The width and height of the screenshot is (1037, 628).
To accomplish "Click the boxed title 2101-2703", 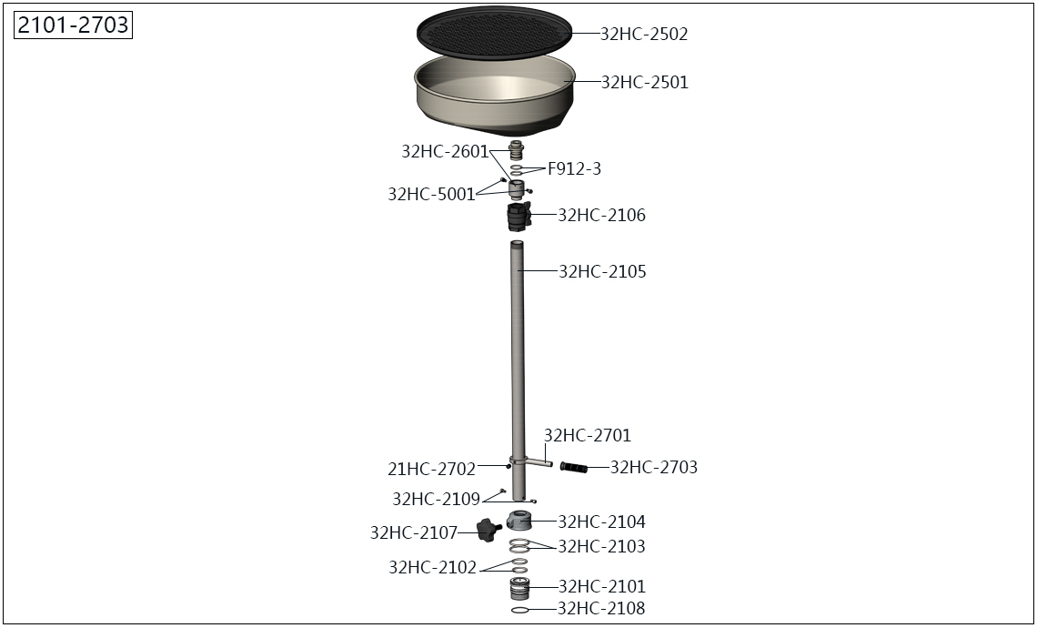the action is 74,25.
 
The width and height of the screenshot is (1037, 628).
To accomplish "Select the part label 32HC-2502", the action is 643,34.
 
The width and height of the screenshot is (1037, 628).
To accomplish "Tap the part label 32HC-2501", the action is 644,82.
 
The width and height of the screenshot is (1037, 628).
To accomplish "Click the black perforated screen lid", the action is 494,32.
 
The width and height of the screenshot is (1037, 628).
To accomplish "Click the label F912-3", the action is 574,168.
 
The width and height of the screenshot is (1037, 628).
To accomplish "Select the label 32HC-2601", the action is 445,152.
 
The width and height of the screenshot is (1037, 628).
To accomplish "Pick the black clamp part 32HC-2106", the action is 519,217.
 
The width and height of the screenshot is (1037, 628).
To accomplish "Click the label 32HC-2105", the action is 602,271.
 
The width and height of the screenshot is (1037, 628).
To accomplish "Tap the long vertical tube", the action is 518,370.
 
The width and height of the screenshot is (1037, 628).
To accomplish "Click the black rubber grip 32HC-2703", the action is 573,468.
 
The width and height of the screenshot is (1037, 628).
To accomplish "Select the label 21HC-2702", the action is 431,470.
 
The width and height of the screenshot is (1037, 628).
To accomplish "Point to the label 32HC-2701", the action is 588,435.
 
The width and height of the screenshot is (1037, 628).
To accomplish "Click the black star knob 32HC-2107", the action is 488,531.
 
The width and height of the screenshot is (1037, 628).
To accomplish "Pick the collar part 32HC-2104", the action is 519,521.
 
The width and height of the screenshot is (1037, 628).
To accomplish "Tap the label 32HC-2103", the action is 601,546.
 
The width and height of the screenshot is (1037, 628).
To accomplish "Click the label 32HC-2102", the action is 432,568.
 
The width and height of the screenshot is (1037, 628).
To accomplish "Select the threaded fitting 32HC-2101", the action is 519,588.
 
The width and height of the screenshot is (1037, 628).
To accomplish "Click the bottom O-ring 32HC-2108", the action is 519,610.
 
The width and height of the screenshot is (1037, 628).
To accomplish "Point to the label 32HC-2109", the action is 436,499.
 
